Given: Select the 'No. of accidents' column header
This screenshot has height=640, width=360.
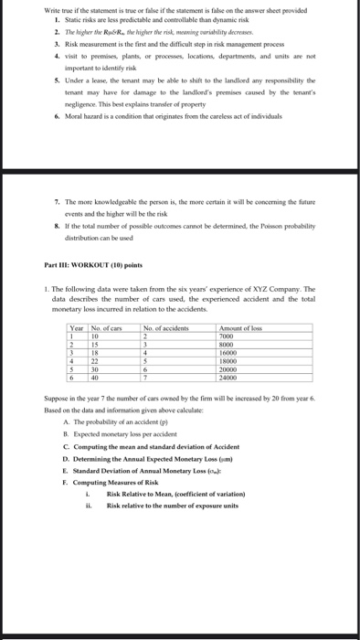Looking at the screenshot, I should coord(165,327).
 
